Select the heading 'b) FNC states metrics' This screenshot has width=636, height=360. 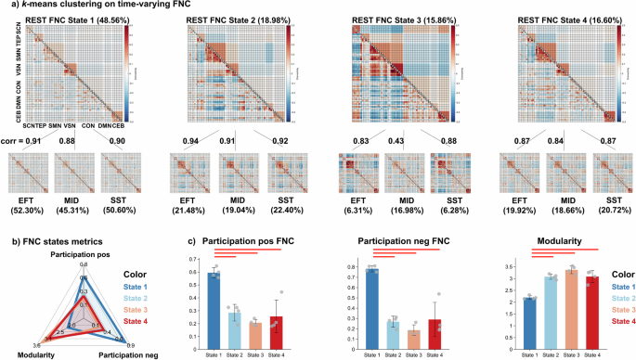[x=50, y=244]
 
